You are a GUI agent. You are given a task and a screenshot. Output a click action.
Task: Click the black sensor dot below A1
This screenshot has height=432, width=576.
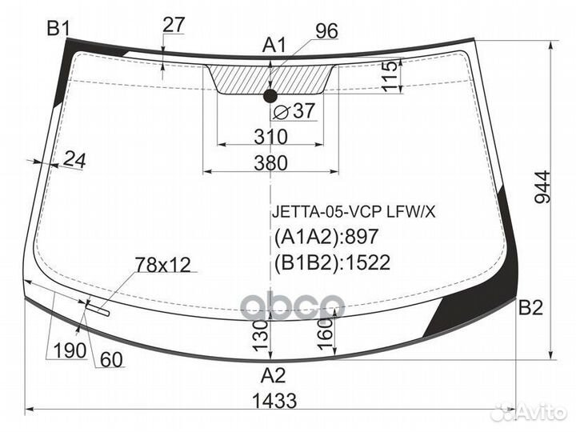(270, 96)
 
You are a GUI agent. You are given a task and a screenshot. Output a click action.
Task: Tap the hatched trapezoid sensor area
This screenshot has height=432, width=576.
(270, 78)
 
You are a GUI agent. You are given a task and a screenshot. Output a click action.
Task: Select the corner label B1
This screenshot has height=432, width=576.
(58, 28)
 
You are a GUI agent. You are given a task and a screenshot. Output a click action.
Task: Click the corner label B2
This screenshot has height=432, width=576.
(530, 307)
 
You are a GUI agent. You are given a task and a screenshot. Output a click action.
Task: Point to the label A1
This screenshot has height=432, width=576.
(274, 46)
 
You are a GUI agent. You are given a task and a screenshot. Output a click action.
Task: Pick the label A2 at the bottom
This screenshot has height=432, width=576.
(274, 375)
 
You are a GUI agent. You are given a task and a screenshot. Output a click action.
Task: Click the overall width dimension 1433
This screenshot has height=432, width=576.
(274, 401)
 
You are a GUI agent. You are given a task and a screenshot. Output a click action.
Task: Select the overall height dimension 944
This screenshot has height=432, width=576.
(542, 187)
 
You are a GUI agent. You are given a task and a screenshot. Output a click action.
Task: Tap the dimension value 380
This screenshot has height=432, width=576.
(270, 162)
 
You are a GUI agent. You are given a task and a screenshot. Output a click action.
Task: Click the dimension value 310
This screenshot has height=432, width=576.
(270, 137)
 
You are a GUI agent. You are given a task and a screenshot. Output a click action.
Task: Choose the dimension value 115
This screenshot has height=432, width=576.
(390, 77)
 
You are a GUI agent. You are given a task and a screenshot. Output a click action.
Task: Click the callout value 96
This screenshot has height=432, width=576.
(326, 31)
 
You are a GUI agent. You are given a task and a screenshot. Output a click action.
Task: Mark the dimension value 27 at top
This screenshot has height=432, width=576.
(173, 25)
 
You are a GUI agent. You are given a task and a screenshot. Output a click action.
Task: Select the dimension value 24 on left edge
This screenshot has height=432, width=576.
(74, 160)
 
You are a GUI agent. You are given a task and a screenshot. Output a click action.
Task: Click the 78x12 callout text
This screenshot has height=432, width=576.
(163, 265)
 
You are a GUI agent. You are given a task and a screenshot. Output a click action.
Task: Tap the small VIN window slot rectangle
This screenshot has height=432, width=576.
(98, 309)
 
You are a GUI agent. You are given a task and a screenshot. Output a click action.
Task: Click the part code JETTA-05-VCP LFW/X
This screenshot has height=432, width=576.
(353, 212)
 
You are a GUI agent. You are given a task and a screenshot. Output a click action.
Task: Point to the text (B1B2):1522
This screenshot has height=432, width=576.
(332, 262)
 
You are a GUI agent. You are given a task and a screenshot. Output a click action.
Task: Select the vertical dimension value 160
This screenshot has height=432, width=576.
(325, 333)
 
